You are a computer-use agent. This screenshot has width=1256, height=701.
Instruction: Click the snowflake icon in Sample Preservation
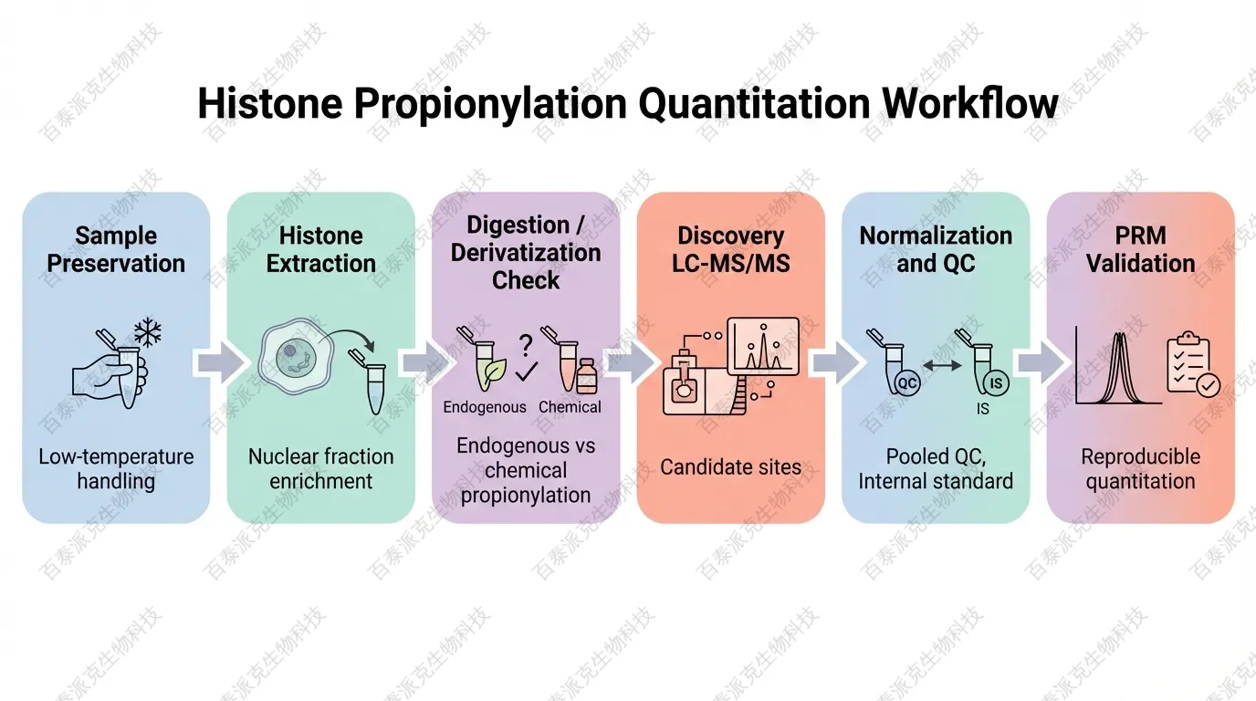[x=148, y=332]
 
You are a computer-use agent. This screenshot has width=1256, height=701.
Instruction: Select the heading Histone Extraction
[x=320, y=249]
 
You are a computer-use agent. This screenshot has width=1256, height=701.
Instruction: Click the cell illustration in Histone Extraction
[x=296, y=356]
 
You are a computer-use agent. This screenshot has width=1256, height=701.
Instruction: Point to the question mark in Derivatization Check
[x=526, y=345]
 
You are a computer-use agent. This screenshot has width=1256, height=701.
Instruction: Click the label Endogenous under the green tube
[x=485, y=406]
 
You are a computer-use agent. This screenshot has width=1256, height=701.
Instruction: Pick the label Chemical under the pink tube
[x=570, y=406]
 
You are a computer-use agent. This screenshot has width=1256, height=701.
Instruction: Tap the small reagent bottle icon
[x=587, y=376]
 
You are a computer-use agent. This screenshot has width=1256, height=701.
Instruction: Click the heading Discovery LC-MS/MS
[x=730, y=249]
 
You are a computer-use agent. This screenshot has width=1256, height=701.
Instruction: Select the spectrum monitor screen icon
[x=763, y=346]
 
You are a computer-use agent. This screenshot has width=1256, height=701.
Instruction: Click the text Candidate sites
[x=730, y=467]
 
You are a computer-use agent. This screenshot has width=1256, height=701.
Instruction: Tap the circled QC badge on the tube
[x=906, y=383]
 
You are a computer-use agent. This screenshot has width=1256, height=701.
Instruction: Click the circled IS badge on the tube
[x=996, y=383]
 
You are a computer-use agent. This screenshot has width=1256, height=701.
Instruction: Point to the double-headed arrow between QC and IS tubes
[x=942, y=366]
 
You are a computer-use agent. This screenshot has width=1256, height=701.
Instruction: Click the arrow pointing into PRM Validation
[x=1041, y=363]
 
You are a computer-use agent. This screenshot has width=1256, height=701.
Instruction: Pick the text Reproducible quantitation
[x=1140, y=469]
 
